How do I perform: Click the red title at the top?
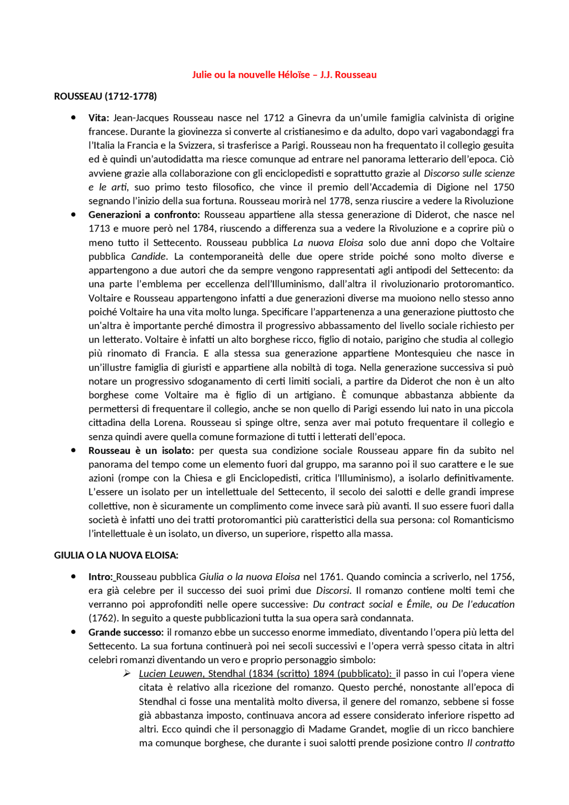[x=284, y=75]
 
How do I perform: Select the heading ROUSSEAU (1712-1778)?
[x=105, y=96]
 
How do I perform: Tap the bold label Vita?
[x=99, y=118]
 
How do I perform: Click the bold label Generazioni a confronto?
[x=144, y=215]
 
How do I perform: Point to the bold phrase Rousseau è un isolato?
[x=141, y=450]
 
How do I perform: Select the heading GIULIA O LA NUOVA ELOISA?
[x=116, y=555]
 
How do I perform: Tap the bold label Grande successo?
[x=126, y=632]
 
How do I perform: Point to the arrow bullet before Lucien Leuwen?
[x=127, y=673]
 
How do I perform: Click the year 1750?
[x=504, y=187]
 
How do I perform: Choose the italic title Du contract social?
[x=353, y=605]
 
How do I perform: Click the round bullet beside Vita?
[x=73, y=118]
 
